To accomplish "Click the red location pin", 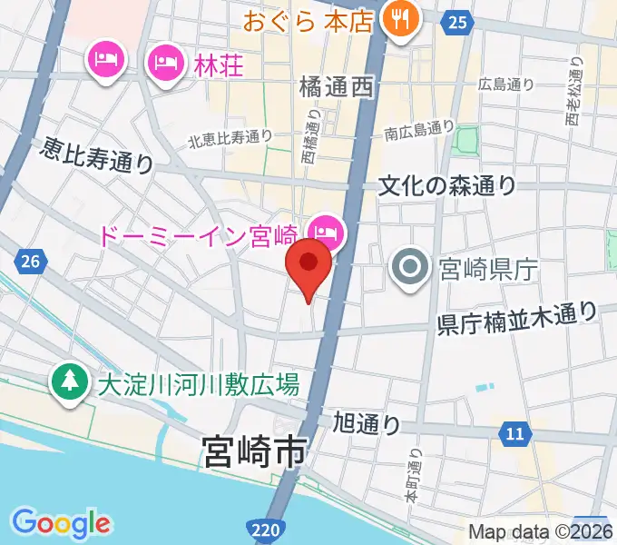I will pyautogui.click(x=308, y=264).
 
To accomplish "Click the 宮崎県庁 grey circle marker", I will pyautogui.click(x=409, y=267).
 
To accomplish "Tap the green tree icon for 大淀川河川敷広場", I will pyautogui.click(x=68, y=382).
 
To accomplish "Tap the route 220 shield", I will pyautogui.click(x=260, y=528).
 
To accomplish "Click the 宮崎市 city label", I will pyautogui.click(x=255, y=451).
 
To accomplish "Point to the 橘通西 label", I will pyautogui.click(x=336, y=87).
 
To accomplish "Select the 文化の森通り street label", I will pyautogui.click(x=447, y=186).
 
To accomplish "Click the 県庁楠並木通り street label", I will pyautogui.click(x=517, y=319).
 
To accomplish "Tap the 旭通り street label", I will pyautogui.click(x=367, y=422).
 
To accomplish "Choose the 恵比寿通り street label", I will pyautogui.click(x=97, y=156).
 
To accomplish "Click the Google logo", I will pyautogui.click(x=61, y=523).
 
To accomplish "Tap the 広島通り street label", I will pyautogui.click(x=509, y=84).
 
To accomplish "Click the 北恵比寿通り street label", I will pyautogui.click(x=230, y=138).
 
